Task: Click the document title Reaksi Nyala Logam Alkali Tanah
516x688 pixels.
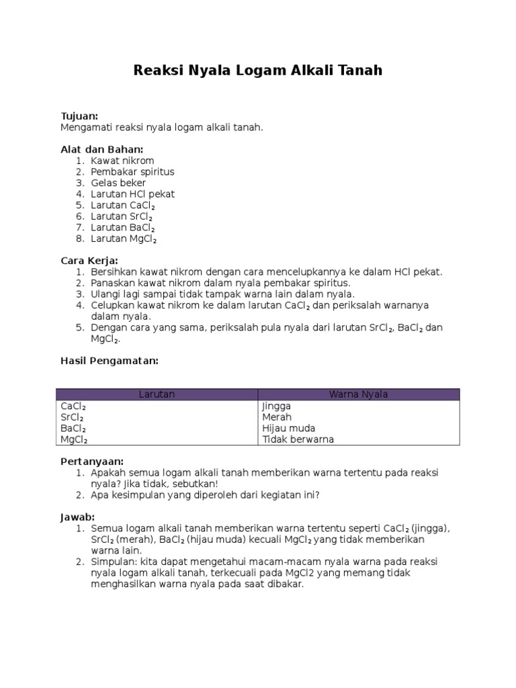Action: (x=258, y=71)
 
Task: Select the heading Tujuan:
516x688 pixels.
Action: (x=80, y=116)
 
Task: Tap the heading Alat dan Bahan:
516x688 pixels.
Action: (x=102, y=149)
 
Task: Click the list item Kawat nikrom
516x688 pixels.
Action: (x=122, y=161)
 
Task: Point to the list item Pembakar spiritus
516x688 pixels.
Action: (x=132, y=172)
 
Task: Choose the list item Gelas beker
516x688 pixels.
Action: (x=118, y=183)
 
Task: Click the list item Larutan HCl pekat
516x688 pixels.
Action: (x=132, y=194)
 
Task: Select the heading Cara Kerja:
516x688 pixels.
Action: (x=89, y=260)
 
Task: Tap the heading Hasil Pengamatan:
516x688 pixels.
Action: (x=110, y=361)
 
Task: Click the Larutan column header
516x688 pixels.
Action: (x=157, y=394)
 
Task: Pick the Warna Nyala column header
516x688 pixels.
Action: (x=358, y=394)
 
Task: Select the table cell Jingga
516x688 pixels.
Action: (x=276, y=406)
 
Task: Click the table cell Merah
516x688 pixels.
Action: (x=277, y=417)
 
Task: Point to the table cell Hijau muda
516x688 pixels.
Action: (x=288, y=429)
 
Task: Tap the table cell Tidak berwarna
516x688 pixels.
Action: (x=298, y=439)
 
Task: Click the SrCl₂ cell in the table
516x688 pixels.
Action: (x=73, y=417)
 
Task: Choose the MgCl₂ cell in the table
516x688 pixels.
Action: (x=74, y=440)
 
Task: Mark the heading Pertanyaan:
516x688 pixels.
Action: (x=92, y=462)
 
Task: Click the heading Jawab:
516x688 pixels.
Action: (x=78, y=517)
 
